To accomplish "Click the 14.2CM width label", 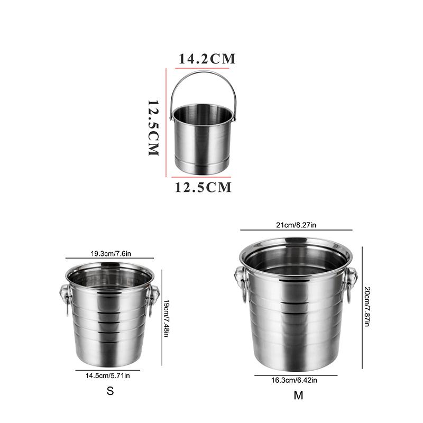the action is pos(207,59).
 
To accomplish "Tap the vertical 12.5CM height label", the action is pos(153,128).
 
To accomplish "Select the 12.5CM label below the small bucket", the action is pos(203,187).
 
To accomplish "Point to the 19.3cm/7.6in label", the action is pos(111,254).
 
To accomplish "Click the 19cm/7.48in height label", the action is pos(167,318).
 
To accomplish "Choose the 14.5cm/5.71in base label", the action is pos(108,375).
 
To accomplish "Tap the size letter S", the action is pos(110,391).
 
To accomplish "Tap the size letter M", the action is pos(298,396).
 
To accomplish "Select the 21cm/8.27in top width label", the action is pos(296,225).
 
